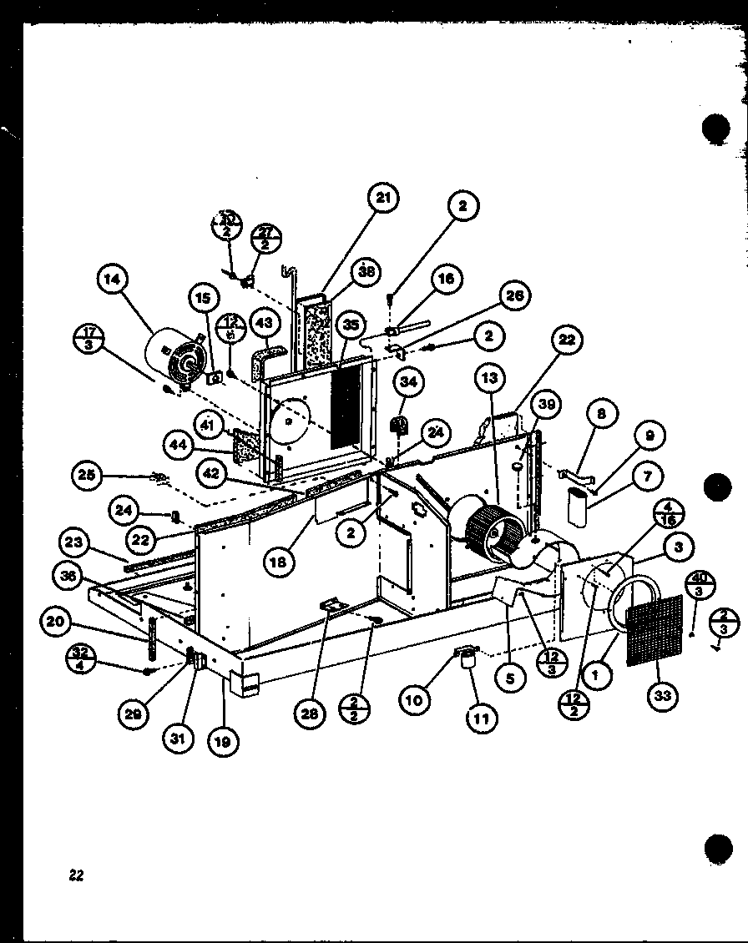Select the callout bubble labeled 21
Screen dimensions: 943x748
click(x=383, y=198)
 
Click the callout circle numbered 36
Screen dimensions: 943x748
click(x=68, y=575)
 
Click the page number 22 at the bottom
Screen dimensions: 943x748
click(x=76, y=875)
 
